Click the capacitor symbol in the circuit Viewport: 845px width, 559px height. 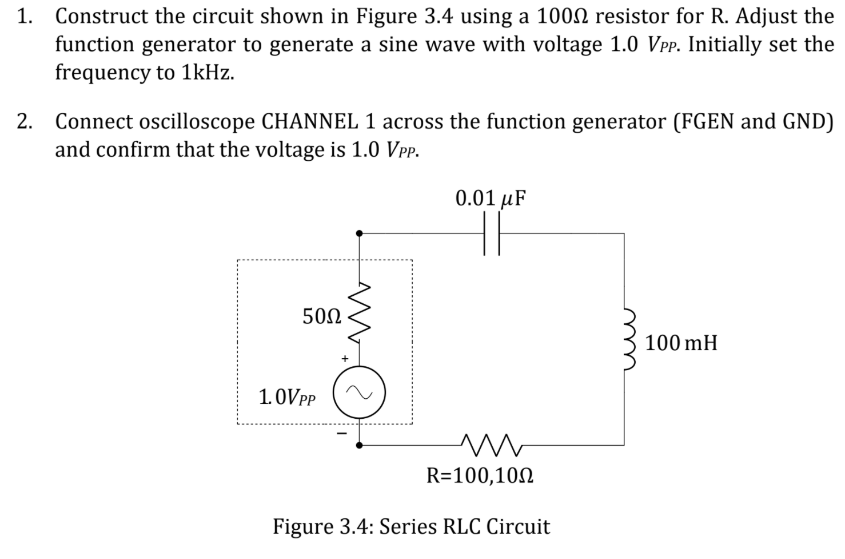[x=491, y=233]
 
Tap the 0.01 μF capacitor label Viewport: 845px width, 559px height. [x=491, y=198]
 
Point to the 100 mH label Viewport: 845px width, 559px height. [x=681, y=343]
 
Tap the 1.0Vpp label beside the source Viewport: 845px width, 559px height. [x=287, y=396]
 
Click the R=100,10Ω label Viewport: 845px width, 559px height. [x=480, y=475]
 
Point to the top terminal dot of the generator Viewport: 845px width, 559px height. [x=359, y=233]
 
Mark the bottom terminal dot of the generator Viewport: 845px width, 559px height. [x=359, y=445]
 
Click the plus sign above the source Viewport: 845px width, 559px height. [x=344, y=359]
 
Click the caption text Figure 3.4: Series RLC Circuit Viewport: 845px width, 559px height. [x=411, y=526]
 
